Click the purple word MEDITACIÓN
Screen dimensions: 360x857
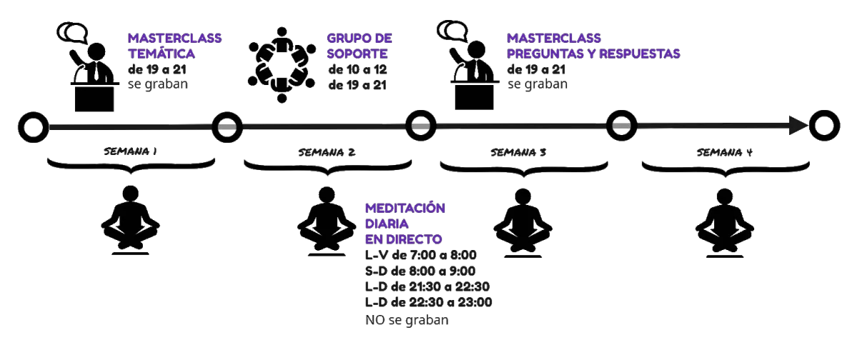405,208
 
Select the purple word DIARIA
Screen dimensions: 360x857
386,224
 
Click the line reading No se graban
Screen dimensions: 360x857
408,320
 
